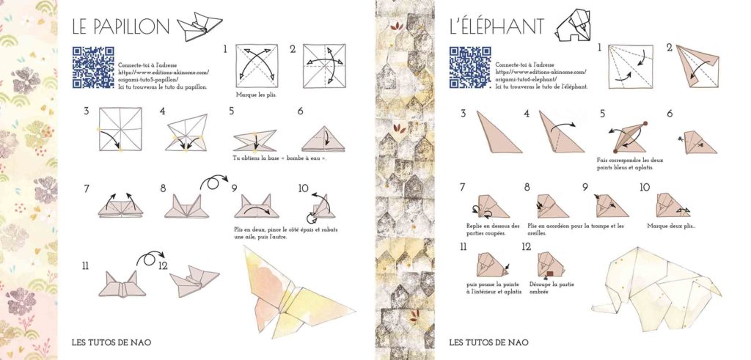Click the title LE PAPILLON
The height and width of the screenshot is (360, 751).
(121, 27)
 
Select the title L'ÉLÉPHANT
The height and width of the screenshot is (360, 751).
(497, 27)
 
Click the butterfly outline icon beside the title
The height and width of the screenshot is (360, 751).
(199, 26)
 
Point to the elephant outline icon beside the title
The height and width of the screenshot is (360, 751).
(574, 26)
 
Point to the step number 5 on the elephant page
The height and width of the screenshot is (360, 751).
(602, 113)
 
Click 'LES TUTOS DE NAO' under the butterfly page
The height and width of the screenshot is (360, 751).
(111, 342)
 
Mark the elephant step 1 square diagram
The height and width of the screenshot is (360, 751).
(630, 67)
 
